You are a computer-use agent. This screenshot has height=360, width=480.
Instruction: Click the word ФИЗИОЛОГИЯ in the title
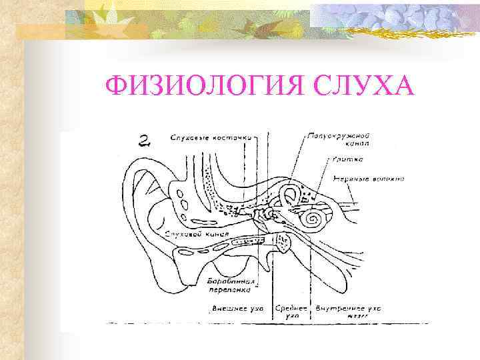point(190,87)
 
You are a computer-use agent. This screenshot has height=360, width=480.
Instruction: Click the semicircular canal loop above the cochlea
point(289,196)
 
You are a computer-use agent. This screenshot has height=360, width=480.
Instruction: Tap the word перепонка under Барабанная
point(230,290)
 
